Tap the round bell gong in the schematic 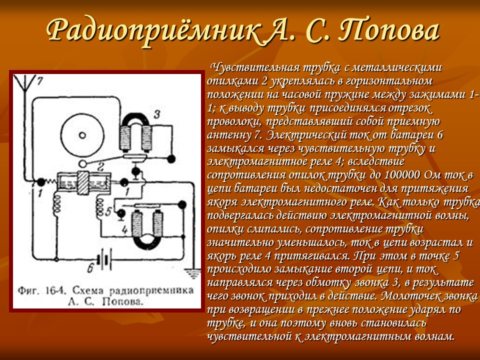click(x=82, y=134)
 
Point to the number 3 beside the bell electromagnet click(x=156, y=115)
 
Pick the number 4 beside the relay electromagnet click(x=120, y=229)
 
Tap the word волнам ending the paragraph click(x=430, y=336)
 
